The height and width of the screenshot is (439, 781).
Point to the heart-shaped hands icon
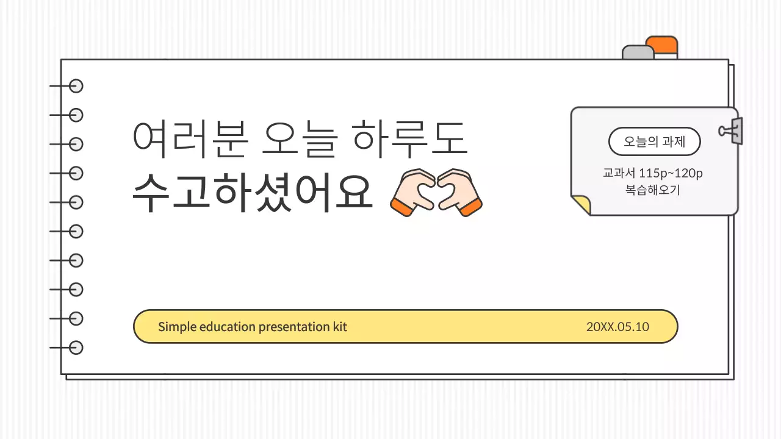pos(436,191)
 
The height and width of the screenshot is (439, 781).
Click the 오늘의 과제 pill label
pos(655,142)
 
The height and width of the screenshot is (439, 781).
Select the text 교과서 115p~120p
pos(653,173)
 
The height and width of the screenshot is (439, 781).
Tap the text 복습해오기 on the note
pos(653,190)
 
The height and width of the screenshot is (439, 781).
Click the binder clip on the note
pos(732,131)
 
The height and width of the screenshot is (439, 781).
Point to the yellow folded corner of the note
pos(582,205)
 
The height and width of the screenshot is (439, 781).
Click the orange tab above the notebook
pos(663,46)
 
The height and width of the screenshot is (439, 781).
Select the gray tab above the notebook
pos(638,52)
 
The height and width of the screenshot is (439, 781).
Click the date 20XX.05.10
pos(617,327)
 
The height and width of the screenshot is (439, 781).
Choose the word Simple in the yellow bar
pos(177,327)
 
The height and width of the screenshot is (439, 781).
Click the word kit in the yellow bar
pos(340,327)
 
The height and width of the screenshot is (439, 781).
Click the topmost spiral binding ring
pos(75,86)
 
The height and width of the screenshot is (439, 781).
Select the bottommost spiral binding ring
pos(75,348)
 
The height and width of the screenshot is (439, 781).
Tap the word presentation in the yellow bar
pos(293,327)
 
